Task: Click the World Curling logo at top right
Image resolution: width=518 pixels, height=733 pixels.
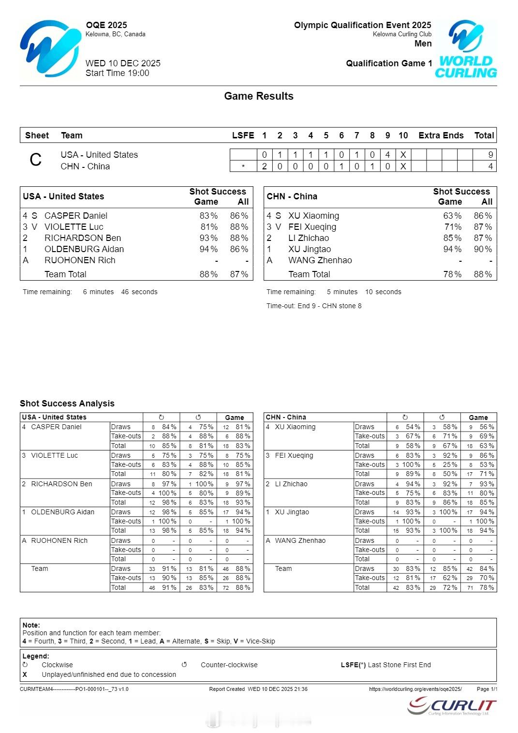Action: click(x=466, y=49)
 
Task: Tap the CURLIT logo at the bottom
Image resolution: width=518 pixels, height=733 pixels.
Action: click(x=452, y=706)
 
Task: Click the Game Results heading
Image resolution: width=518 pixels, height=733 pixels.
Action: click(x=259, y=96)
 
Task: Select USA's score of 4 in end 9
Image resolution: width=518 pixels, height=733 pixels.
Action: click(x=387, y=155)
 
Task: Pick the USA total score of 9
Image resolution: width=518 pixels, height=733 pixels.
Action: click(x=490, y=155)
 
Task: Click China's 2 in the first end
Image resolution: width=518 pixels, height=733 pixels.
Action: click(x=265, y=166)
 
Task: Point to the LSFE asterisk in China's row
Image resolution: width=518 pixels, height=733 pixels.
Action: click(x=243, y=166)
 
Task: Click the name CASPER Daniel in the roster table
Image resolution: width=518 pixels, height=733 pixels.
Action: click(x=76, y=216)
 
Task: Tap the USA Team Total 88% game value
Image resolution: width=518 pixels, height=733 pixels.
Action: click(x=208, y=274)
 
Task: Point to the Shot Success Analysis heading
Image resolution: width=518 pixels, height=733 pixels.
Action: click(x=67, y=404)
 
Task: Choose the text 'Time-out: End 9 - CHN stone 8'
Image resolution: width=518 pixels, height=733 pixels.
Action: click(x=314, y=306)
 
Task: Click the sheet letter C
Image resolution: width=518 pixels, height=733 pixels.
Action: click(x=36, y=160)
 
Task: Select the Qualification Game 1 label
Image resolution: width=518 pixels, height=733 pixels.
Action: click(x=389, y=63)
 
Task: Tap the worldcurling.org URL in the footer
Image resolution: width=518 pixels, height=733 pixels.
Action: click(x=415, y=689)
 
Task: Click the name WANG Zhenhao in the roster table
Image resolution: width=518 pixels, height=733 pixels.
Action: click(x=320, y=260)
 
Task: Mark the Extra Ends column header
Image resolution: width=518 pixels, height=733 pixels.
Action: click(x=441, y=135)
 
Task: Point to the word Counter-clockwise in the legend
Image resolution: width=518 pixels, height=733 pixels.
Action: click(x=229, y=665)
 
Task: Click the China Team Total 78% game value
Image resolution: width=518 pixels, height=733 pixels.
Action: click(x=452, y=274)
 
